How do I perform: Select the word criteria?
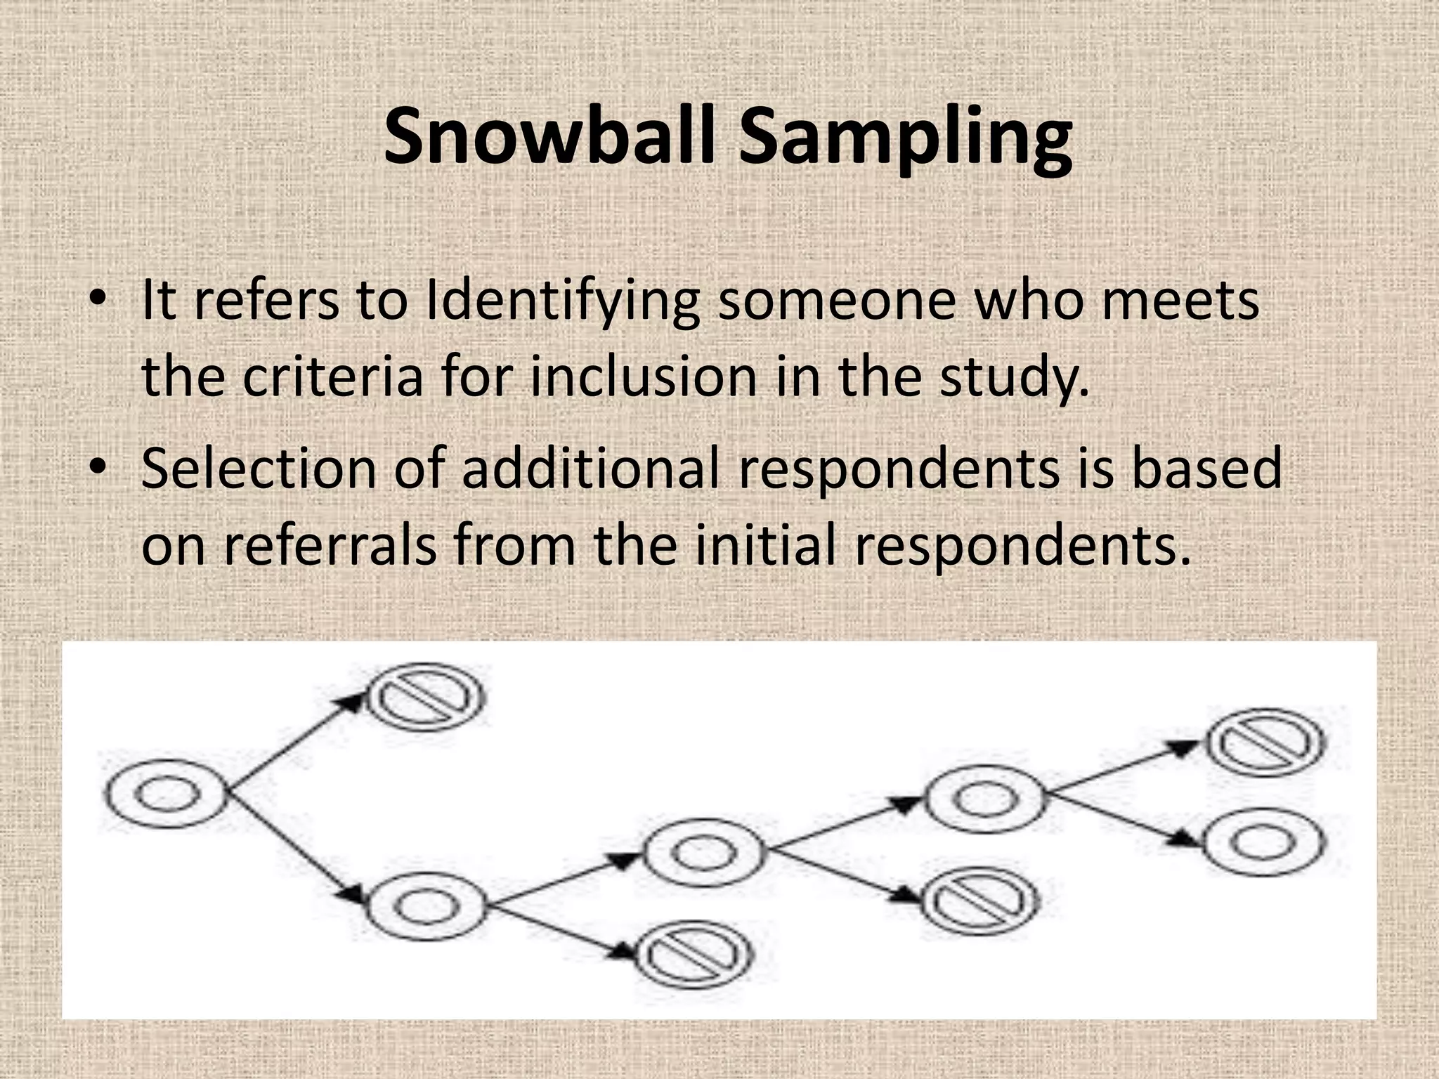[334, 377]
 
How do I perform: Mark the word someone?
[837, 301]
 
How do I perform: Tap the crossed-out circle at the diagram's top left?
[427, 697]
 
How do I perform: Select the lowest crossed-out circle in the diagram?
[694, 955]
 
